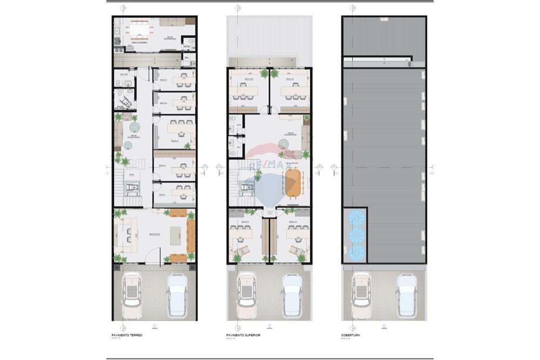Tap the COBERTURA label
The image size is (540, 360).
[350, 335]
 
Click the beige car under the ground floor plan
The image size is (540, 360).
[131, 296]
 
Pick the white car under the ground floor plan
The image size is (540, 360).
[177, 296]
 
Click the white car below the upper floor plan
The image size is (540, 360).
[291, 296]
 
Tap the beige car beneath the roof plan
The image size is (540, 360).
[360, 296]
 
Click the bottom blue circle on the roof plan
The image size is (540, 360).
[355, 252]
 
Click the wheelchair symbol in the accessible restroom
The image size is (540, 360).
[126, 98]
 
